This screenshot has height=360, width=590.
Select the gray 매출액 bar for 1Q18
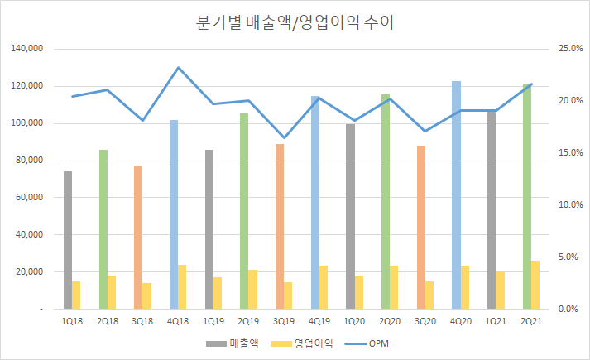67,240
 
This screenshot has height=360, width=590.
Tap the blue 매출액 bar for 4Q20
456,194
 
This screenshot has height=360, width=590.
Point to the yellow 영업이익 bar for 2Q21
535,285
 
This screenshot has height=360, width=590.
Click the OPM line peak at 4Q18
178,68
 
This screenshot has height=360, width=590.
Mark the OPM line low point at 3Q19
284,137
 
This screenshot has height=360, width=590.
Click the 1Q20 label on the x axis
354,320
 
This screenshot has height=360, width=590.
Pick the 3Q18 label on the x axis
142,320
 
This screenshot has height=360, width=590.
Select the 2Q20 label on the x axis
390,320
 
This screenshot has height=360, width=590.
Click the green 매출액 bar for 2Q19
244,211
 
